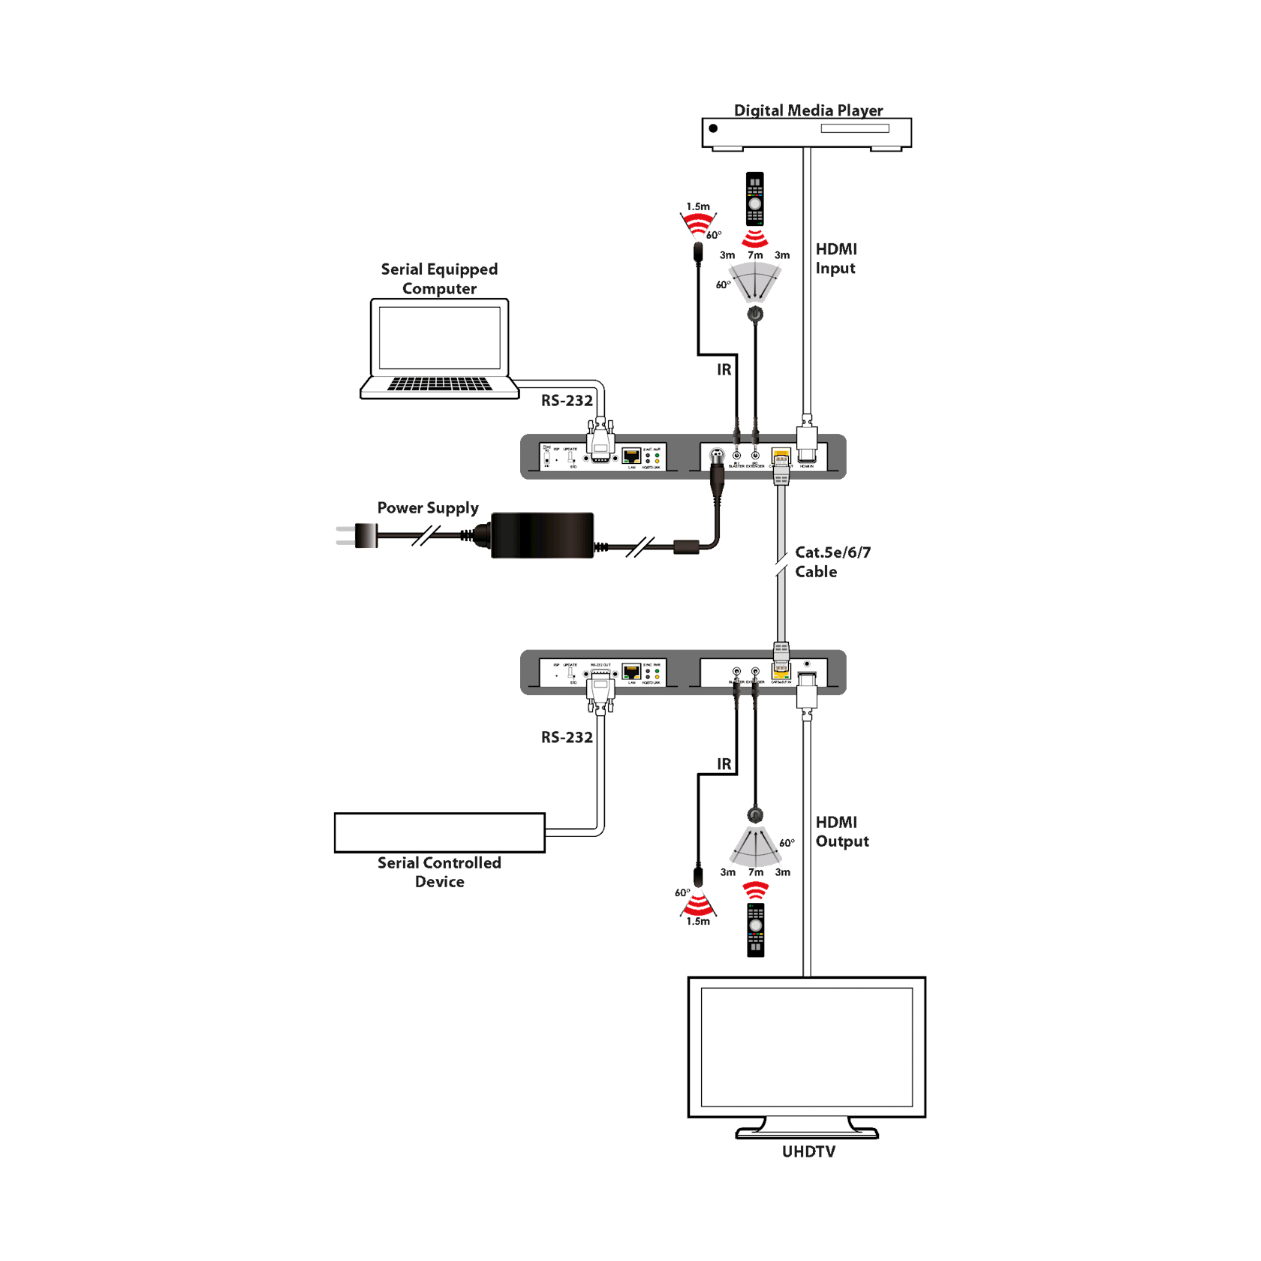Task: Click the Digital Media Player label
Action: [x=808, y=110]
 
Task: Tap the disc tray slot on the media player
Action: [x=854, y=129]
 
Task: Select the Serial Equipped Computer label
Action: [x=439, y=278]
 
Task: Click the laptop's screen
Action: [x=439, y=337]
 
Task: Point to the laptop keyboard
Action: [x=439, y=384]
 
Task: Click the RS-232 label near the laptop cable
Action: [x=567, y=401]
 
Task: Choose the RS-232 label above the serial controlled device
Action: [x=567, y=738]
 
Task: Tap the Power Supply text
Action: [x=428, y=508]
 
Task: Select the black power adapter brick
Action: [x=542, y=535]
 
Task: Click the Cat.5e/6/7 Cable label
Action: [x=832, y=561]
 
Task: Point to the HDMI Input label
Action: [x=835, y=259]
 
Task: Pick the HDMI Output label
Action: [x=841, y=832]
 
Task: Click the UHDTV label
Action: [x=808, y=1151]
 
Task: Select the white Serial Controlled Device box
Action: [x=439, y=832]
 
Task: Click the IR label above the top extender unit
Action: [x=724, y=370]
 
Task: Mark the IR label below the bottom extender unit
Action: [x=724, y=765]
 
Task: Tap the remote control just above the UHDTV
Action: [x=756, y=928]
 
